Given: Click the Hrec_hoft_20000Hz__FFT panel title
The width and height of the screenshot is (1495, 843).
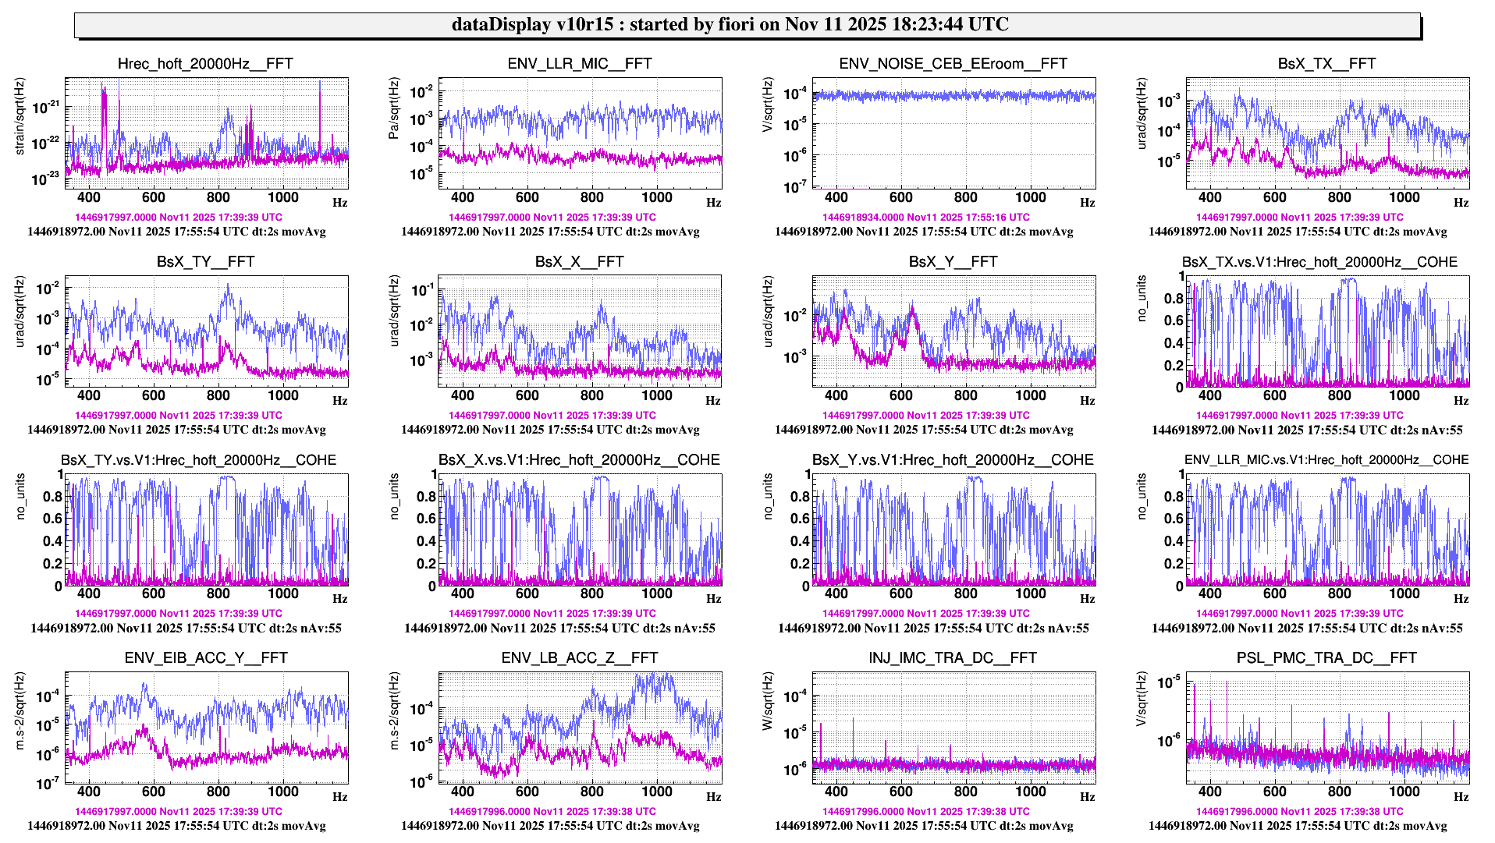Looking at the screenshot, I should (205, 64).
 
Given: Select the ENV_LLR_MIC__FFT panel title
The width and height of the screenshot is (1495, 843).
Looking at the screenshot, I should (579, 64).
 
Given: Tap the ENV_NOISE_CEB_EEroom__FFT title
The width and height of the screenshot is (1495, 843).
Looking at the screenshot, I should (953, 64).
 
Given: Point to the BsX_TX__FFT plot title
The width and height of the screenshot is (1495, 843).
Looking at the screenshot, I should (1326, 64).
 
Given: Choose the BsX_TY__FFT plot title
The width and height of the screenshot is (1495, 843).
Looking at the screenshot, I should (205, 262).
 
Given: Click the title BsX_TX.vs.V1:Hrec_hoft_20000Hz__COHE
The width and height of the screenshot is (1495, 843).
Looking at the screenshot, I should (1319, 262).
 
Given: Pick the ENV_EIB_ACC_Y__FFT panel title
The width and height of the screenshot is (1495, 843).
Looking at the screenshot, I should (205, 658).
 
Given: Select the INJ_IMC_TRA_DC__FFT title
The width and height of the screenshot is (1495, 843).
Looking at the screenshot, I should (953, 658).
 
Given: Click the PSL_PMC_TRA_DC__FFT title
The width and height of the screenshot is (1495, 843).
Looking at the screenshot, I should (1326, 658).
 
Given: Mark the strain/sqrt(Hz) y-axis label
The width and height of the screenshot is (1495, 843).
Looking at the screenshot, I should (20, 116).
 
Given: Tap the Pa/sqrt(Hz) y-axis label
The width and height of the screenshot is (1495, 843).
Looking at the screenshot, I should (394, 108).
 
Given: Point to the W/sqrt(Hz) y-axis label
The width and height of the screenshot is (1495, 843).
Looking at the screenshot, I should (768, 701).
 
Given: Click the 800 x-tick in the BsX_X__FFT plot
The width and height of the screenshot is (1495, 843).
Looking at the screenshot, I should (591, 396).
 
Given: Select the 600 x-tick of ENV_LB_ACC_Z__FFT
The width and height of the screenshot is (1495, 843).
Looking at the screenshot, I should (527, 792).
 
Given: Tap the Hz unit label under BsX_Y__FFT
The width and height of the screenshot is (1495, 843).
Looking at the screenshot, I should (1088, 401).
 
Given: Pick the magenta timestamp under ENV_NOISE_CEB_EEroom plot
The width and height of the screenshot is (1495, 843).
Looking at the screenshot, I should (925, 218).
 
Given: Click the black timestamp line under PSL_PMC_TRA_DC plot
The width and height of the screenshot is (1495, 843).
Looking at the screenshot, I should (1298, 826).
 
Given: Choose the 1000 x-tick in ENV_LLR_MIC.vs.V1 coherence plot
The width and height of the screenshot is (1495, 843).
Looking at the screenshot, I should (1404, 594).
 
